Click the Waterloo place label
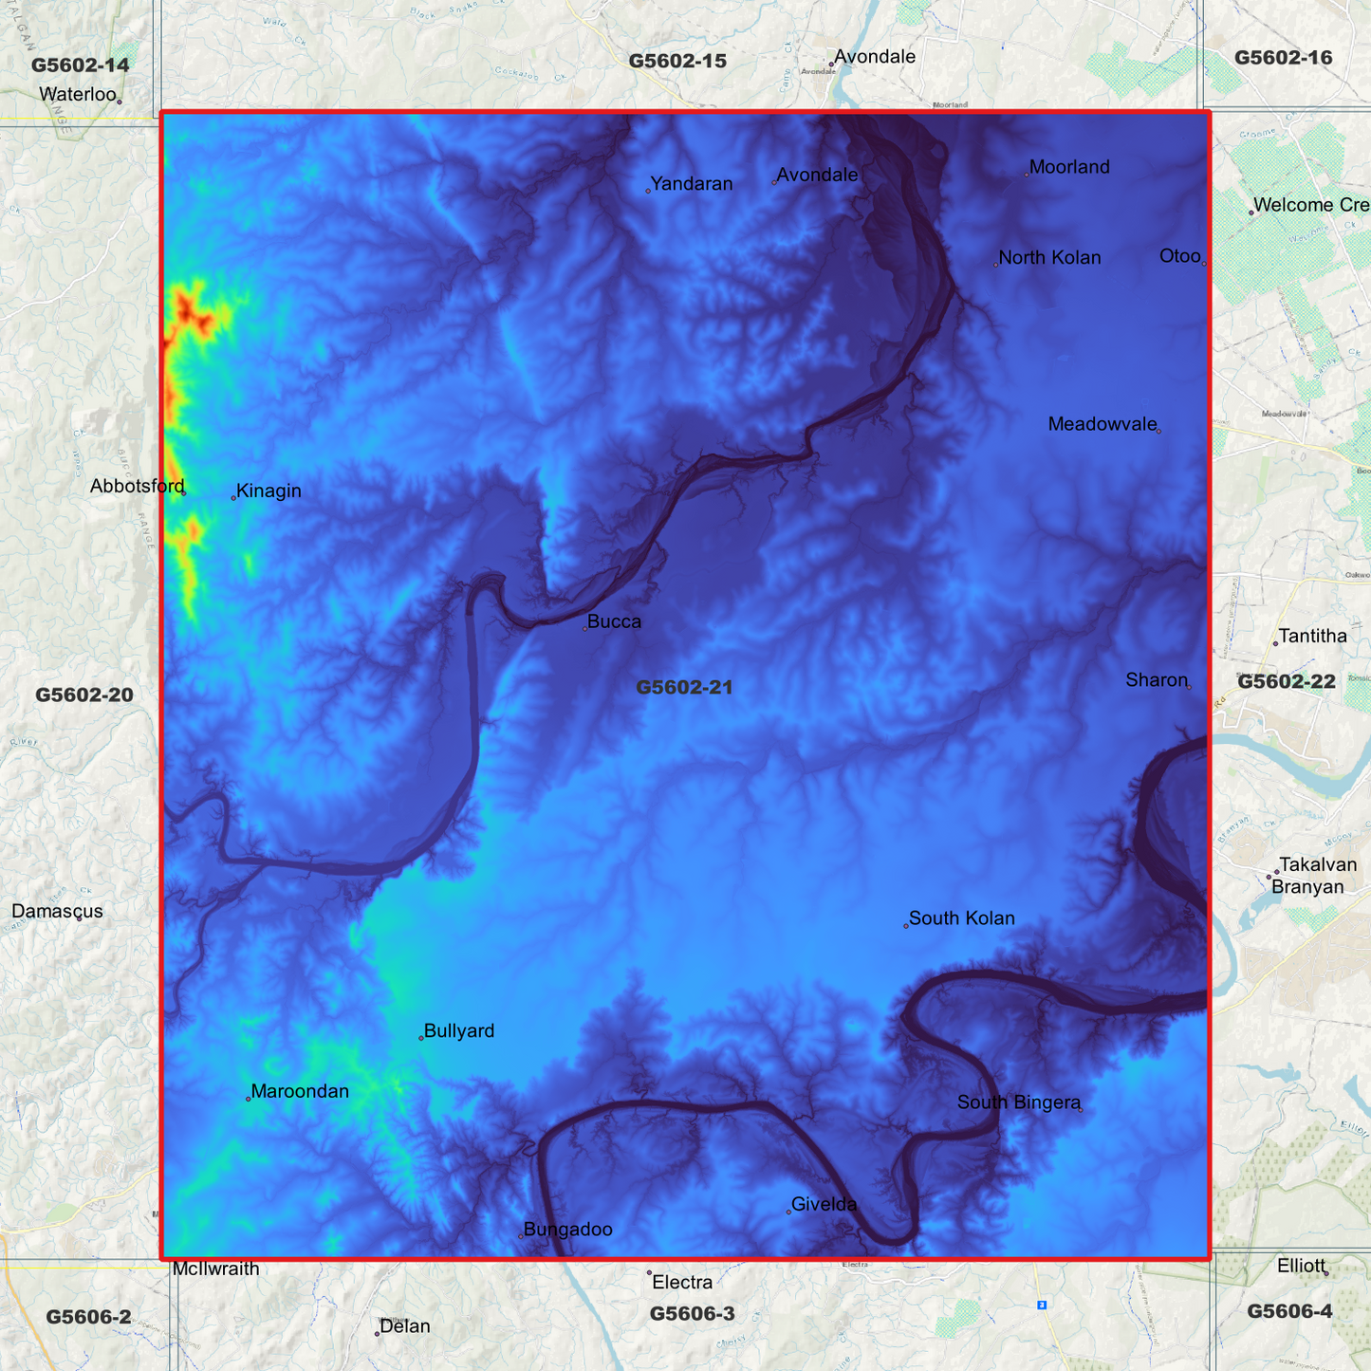pos(78,94)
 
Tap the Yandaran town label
pos(692,184)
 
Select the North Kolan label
pos(1049,258)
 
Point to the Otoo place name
pos(1180,256)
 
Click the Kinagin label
pos(269,491)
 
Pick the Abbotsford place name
pos(138,487)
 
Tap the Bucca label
pos(614,622)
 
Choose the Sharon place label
pos(1157,680)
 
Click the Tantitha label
pos(1312,637)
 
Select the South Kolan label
pos(961,918)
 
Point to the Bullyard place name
pos(459,1031)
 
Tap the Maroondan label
pos(300,1092)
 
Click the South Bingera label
pos(1019,1102)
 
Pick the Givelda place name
pos(824,1205)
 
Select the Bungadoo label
pos(567,1230)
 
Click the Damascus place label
pos(57,912)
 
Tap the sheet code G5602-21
pos(684,687)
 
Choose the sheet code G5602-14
pos(80,65)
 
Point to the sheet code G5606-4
pos(1289,1311)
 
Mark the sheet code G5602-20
pos(84,695)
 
